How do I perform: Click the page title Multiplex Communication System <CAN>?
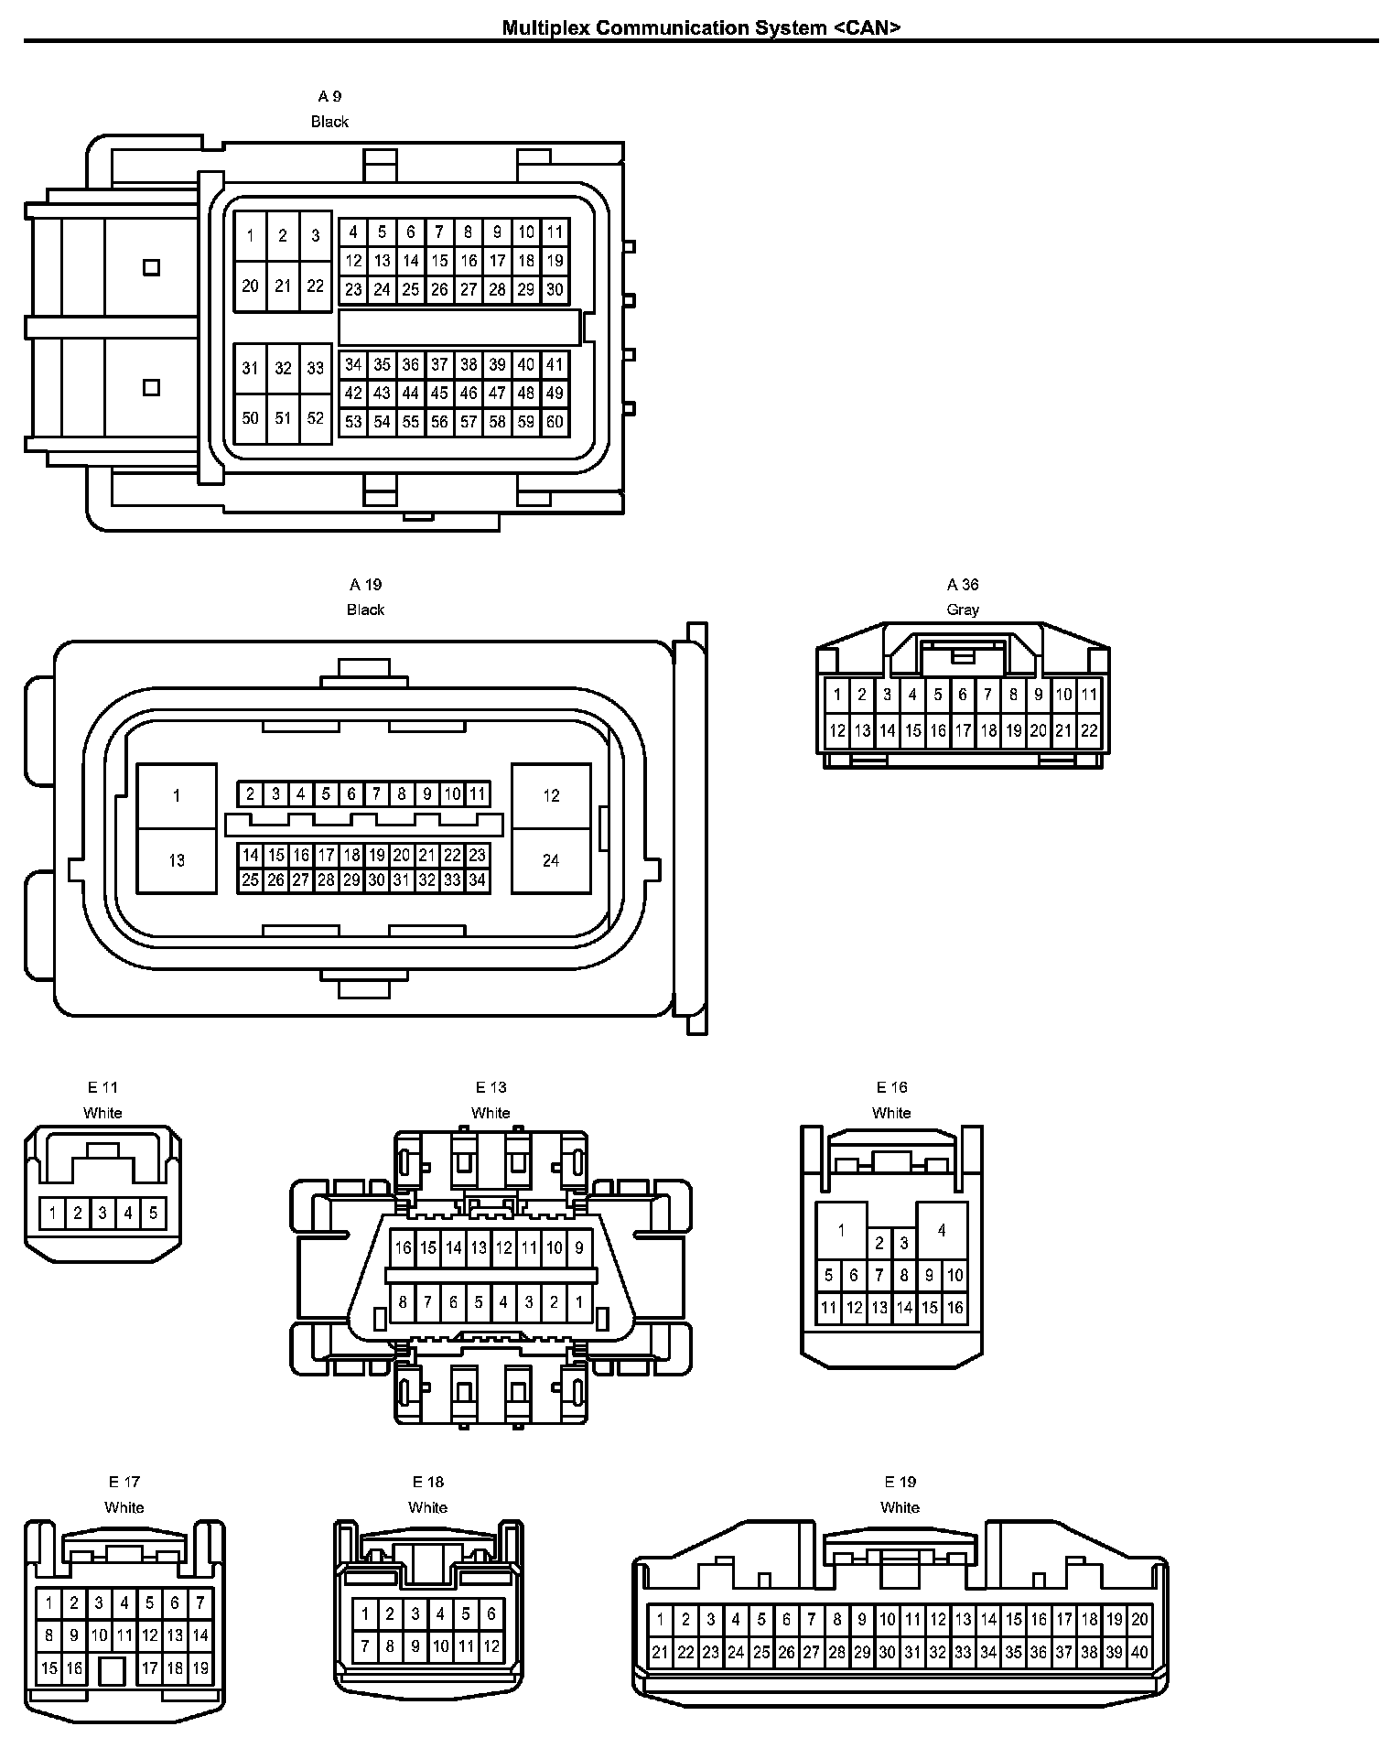[x=701, y=27]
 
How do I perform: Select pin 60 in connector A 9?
[x=555, y=422]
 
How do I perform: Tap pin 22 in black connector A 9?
[x=315, y=286]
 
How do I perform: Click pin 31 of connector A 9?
[x=250, y=368]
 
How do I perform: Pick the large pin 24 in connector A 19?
[x=551, y=860]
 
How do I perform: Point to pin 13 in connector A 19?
[x=177, y=860]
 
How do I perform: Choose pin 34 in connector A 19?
[x=477, y=880]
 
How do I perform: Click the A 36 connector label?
[x=963, y=585]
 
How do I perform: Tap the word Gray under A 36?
[x=963, y=610]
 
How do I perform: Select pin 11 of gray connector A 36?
[x=1088, y=695]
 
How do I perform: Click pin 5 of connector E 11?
[x=153, y=1214]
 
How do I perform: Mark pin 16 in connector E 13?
[x=404, y=1247]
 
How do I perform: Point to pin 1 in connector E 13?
[x=578, y=1301]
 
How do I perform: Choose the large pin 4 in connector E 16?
[x=941, y=1231]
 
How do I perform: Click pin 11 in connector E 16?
[x=828, y=1308]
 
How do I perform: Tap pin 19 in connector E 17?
[x=199, y=1668]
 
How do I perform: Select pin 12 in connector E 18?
[x=491, y=1646]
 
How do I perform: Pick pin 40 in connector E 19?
[x=1138, y=1653]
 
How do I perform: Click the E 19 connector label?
[x=900, y=1482]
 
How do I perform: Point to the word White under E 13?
[x=491, y=1113]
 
